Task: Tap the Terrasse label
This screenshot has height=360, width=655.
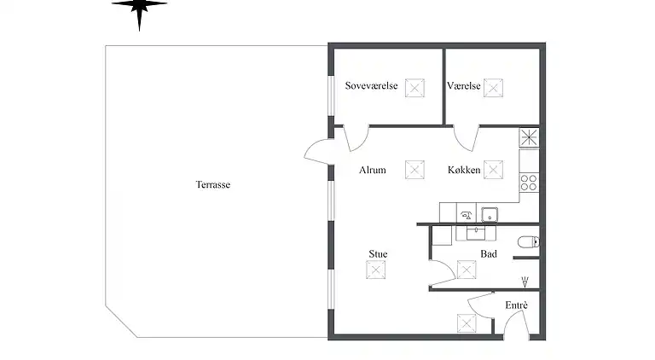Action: tap(213, 184)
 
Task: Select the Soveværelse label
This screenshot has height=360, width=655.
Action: tap(371, 85)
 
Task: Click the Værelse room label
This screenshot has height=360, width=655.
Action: tap(464, 85)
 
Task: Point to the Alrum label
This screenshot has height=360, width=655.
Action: tap(373, 170)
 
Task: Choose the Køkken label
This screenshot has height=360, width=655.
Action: tap(464, 170)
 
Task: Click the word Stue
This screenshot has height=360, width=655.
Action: tap(378, 254)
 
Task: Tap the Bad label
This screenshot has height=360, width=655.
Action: tap(489, 254)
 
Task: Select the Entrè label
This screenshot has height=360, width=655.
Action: tap(516, 305)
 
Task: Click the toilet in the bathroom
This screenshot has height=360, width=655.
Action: tap(529, 241)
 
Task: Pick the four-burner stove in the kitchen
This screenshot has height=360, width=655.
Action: tap(529, 183)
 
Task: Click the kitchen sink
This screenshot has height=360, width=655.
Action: tap(490, 215)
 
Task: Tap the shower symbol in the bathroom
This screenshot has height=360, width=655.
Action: tap(525, 282)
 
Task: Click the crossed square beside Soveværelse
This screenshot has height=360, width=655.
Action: tap(414, 88)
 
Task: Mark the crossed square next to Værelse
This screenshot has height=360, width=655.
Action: tap(493, 88)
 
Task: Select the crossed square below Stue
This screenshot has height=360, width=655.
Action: tap(375, 270)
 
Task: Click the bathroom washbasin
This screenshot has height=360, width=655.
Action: tap(476, 233)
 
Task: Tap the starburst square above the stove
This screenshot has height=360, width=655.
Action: tap(529, 137)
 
